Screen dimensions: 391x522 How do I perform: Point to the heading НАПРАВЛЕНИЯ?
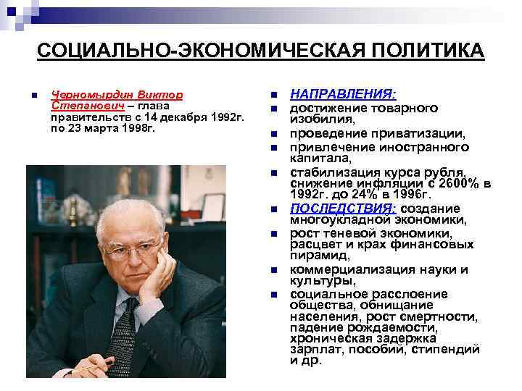pyautogui.click(x=343, y=95)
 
